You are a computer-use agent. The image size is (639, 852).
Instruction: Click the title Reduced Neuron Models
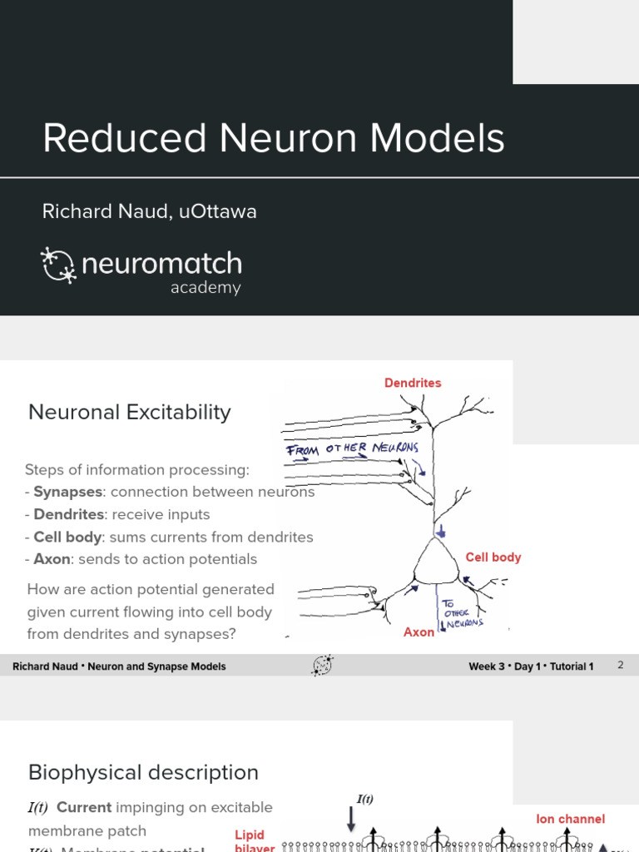(x=274, y=138)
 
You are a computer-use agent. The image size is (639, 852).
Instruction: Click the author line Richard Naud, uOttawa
(x=150, y=211)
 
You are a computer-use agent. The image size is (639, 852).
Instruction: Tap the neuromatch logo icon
(x=58, y=265)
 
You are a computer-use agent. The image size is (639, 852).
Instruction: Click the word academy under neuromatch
(x=206, y=288)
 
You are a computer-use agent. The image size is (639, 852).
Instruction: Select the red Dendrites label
(x=413, y=383)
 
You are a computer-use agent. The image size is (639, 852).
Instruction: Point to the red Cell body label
(x=493, y=557)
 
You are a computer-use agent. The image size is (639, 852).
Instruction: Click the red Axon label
(x=419, y=632)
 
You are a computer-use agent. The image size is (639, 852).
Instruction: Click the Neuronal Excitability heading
(x=130, y=412)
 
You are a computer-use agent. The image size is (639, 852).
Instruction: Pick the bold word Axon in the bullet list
(x=51, y=559)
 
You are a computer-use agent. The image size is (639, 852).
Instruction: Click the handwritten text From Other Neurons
(x=352, y=449)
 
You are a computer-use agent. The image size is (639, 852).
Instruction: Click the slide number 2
(x=620, y=666)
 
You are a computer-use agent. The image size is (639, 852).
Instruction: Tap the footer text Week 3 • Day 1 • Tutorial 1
(x=531, y=666)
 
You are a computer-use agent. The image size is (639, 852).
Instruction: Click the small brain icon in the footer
(x=322, y=665)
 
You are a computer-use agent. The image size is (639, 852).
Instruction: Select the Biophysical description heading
(x=143, y=772)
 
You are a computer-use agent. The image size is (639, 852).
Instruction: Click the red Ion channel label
(x=570, y=820)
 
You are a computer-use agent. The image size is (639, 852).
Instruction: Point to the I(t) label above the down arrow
(x=365, y=800)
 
